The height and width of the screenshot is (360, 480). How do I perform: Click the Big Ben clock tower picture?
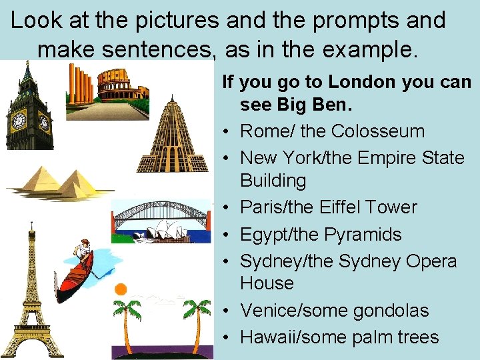[x=29, y=110]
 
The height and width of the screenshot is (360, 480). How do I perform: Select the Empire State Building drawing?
[x=172, y=137]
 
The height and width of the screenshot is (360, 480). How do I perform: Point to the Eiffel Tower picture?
[x=31, y=293]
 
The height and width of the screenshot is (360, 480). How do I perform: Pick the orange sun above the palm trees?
[x=121, y=289]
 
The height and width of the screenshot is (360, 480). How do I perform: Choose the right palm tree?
[x=197, y=320]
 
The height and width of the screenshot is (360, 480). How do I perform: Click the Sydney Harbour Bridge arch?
[x=160, y=213]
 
